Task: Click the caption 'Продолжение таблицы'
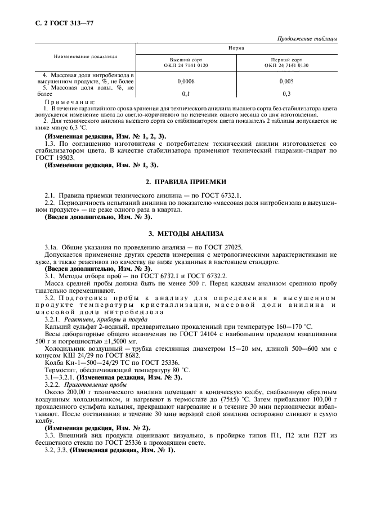[x=308, y=38]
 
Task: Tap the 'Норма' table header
[x=236, y=48]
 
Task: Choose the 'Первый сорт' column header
[x=286, y=60]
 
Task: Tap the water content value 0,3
[x=286, y=93]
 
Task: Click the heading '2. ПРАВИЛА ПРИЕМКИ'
[x=186, y=182]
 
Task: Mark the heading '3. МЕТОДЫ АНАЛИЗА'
[x=186, y=233]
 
